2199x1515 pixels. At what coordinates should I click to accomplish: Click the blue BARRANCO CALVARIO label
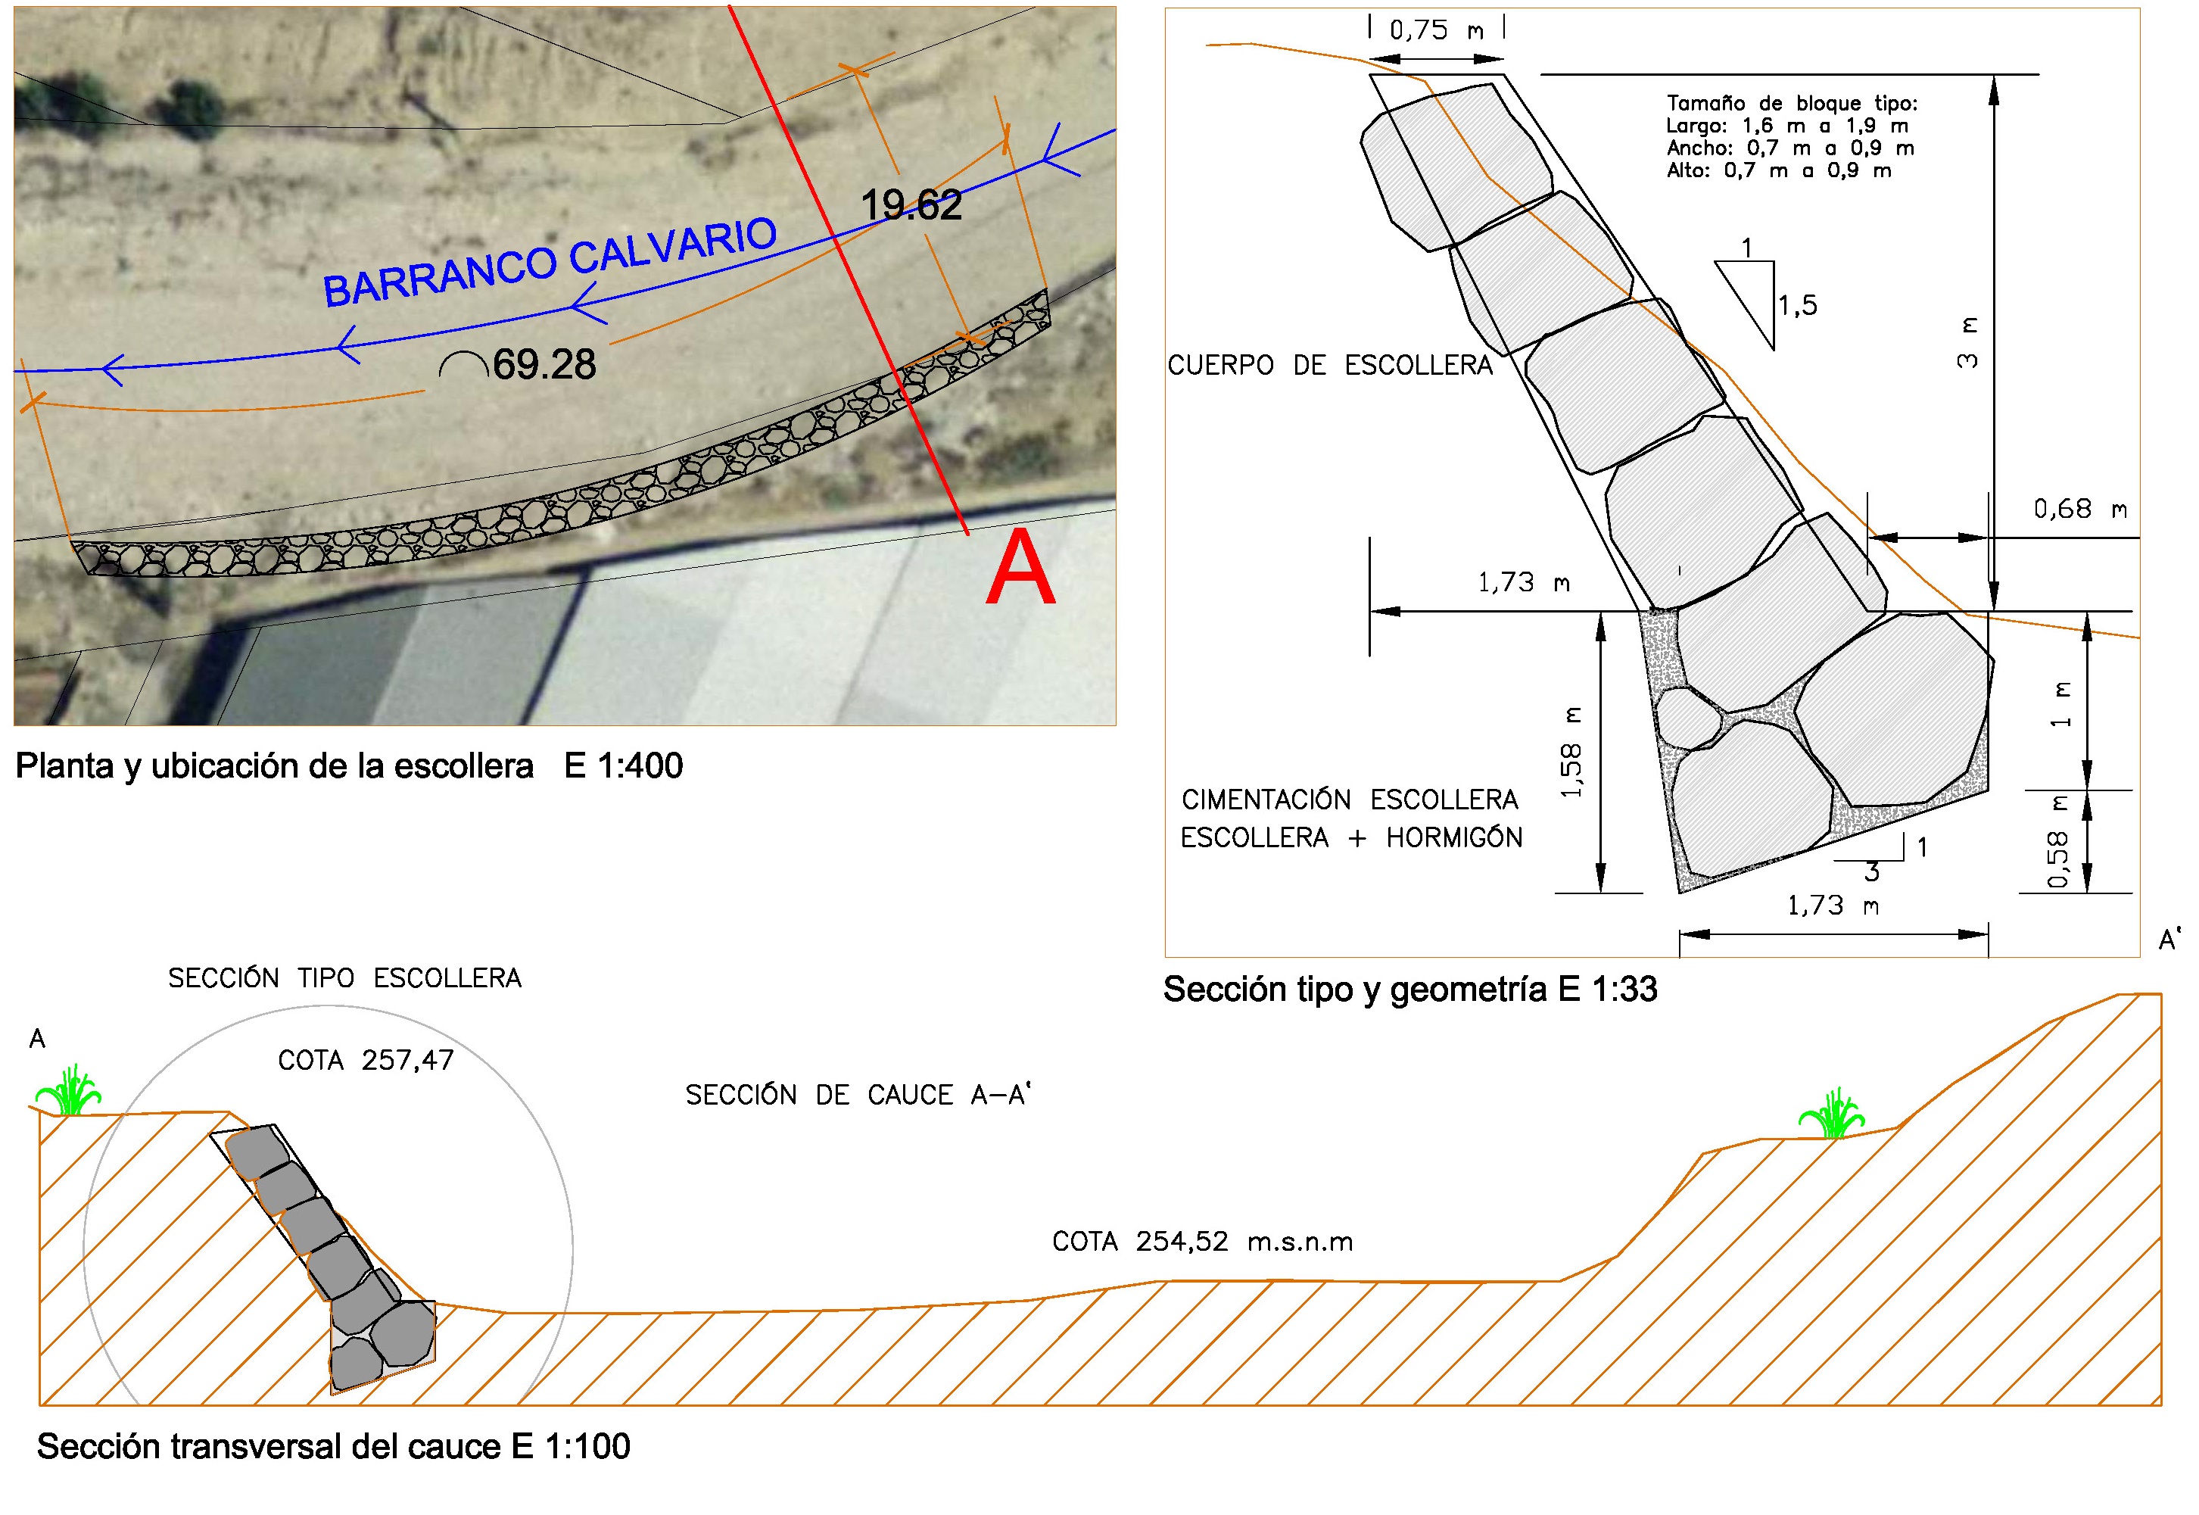click(550, 262)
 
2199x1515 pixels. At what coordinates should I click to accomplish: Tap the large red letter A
click(1020, 568)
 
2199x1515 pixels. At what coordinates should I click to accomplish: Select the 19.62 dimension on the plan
click(911, 205)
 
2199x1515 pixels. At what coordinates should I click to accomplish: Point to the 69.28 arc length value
click(544, 363)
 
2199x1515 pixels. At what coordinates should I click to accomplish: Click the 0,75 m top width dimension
click(1436, 30)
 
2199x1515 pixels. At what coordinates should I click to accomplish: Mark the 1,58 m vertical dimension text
click(1571, 752)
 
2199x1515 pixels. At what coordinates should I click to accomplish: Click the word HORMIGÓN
click(1454, 837)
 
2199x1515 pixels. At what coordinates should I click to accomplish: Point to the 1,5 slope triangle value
click(1796, 306)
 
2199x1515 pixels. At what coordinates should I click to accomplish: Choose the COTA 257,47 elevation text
click(366, 1060)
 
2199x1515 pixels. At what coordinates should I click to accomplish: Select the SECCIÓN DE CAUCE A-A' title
click(858, 1095)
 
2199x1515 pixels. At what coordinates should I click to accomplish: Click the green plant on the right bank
click(1832, 1112)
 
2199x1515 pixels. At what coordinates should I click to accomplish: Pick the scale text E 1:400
click(624, 766)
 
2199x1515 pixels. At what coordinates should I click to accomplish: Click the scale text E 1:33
click(1608, 989)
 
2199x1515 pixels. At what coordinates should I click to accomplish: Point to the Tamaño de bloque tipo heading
click(1792, 104)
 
